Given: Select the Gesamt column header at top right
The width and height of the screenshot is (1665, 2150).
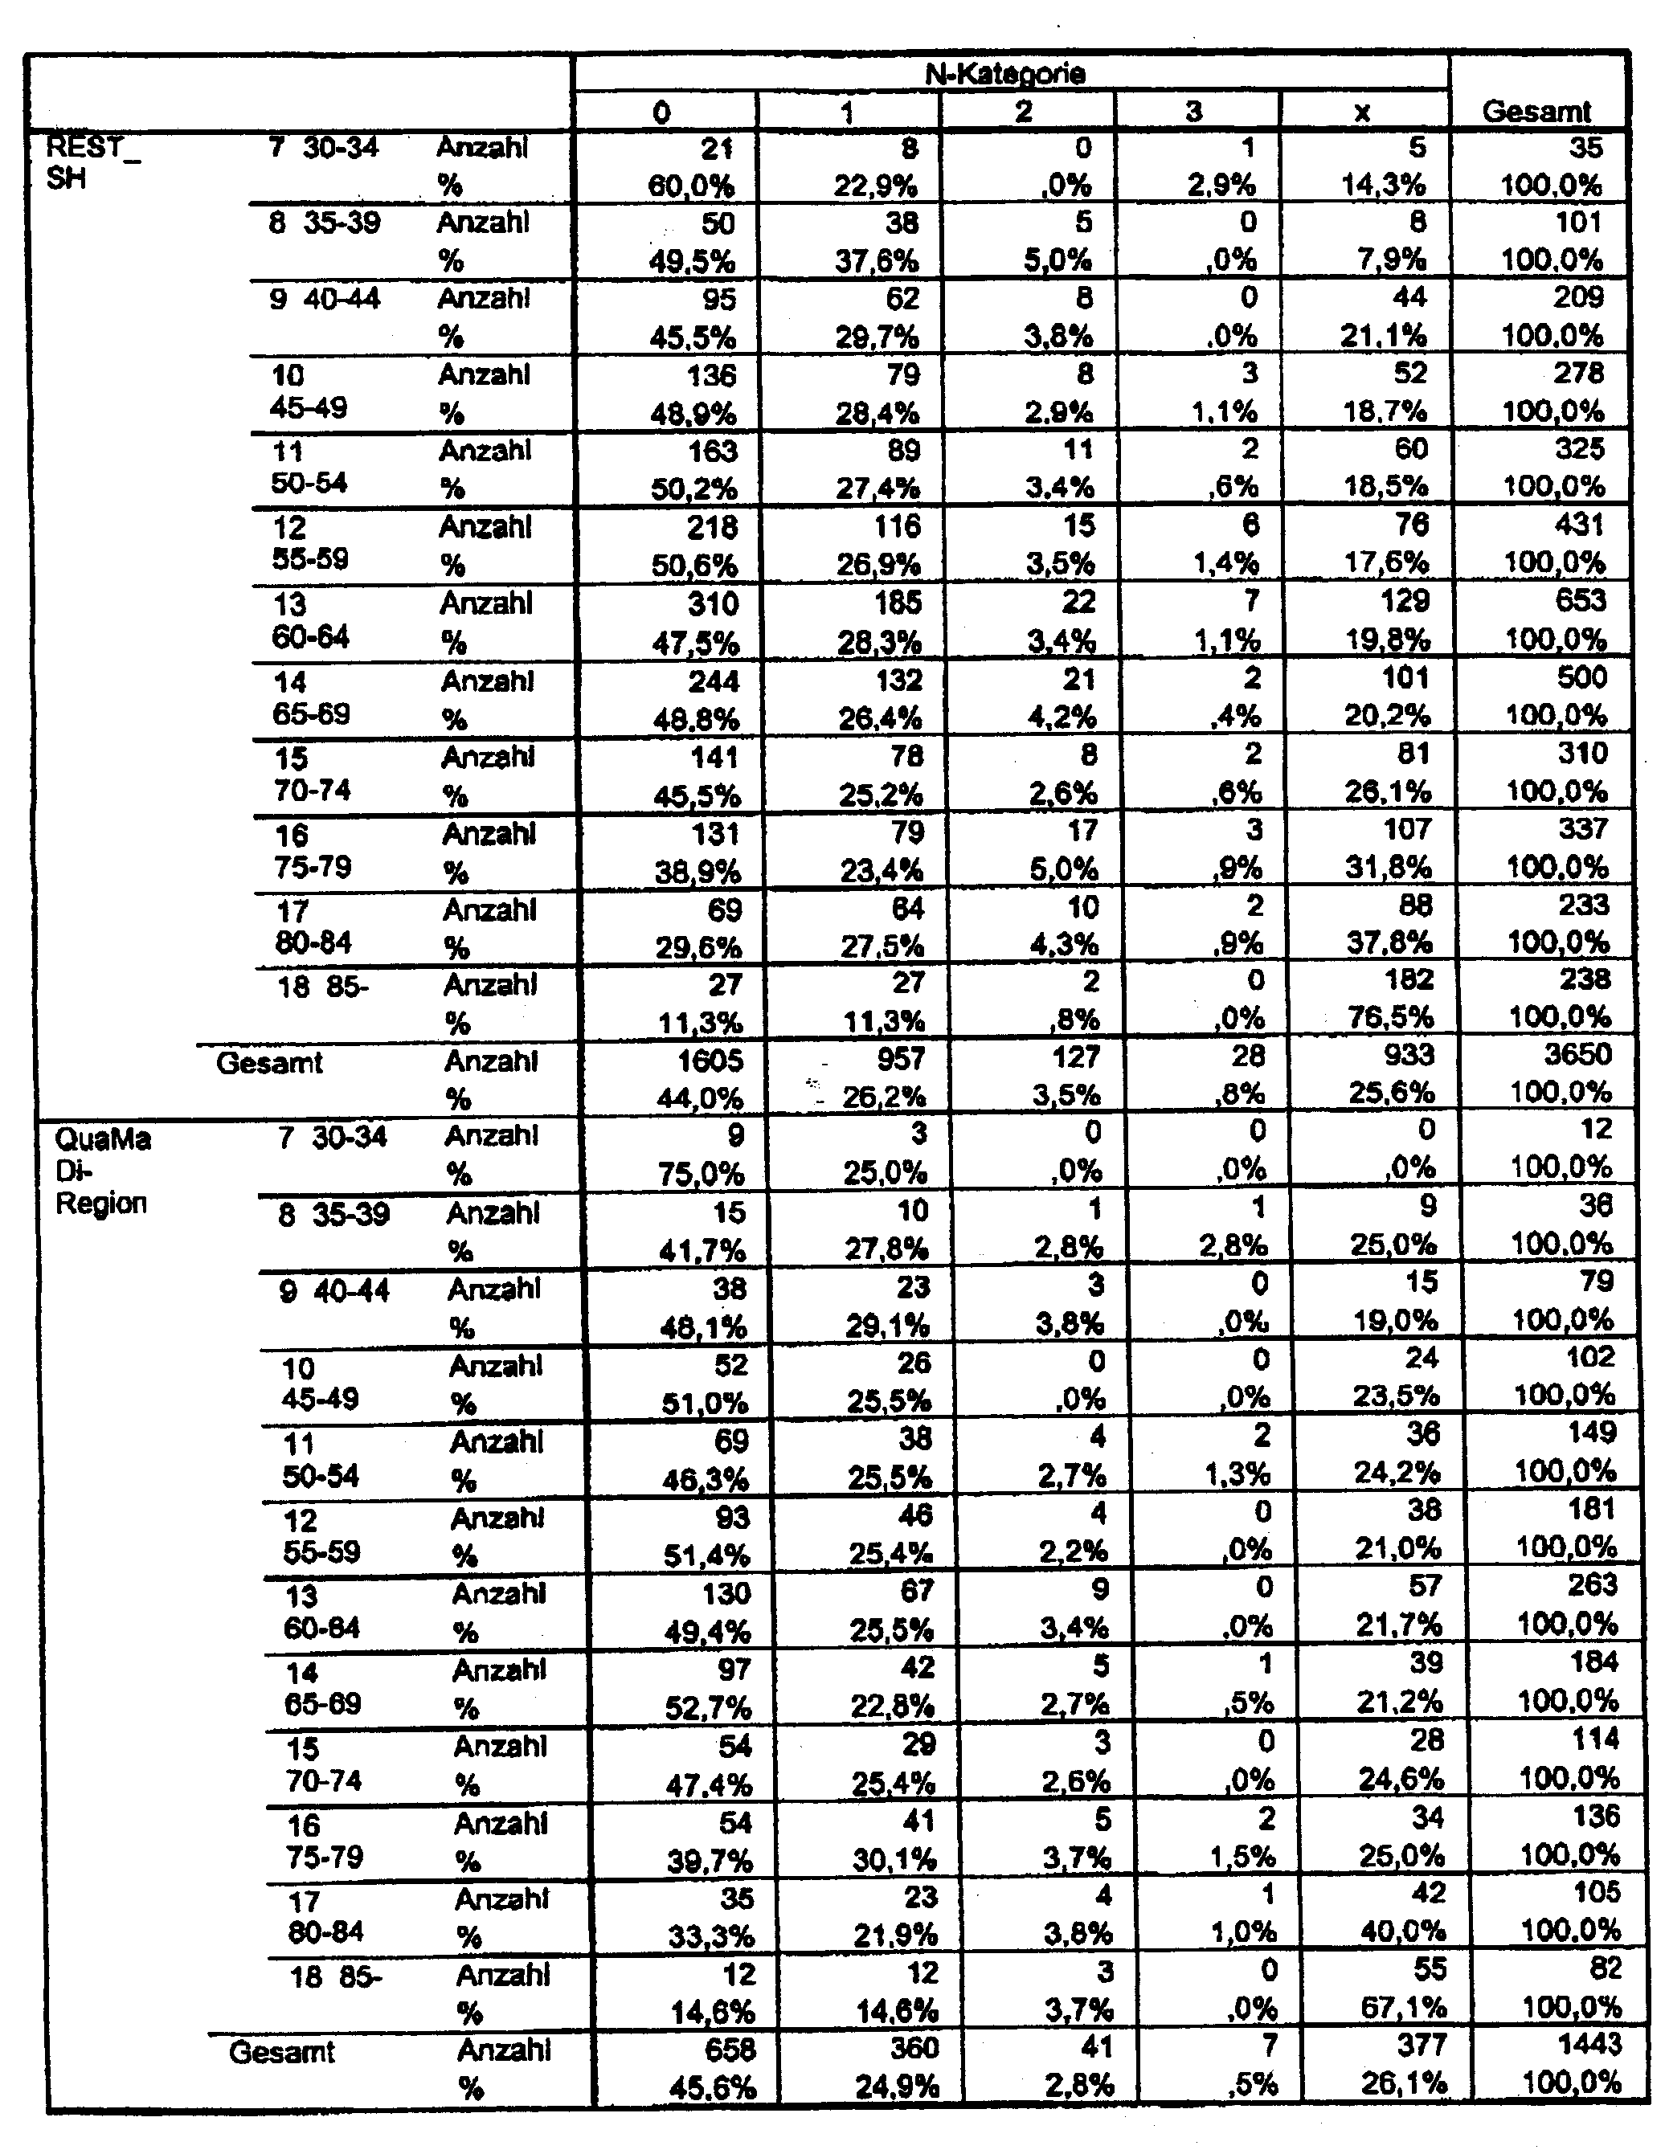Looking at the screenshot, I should pos(1535,111).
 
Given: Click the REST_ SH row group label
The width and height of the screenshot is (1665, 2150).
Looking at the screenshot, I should pos(84,163).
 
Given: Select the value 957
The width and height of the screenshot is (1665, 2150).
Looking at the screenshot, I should pos(900,1058).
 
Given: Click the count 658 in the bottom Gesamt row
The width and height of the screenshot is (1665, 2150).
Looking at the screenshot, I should pos(729,2049).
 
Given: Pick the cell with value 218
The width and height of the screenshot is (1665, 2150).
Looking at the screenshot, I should pos(711,527).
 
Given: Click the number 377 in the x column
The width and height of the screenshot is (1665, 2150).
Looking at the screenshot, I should pos(1421,2045).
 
